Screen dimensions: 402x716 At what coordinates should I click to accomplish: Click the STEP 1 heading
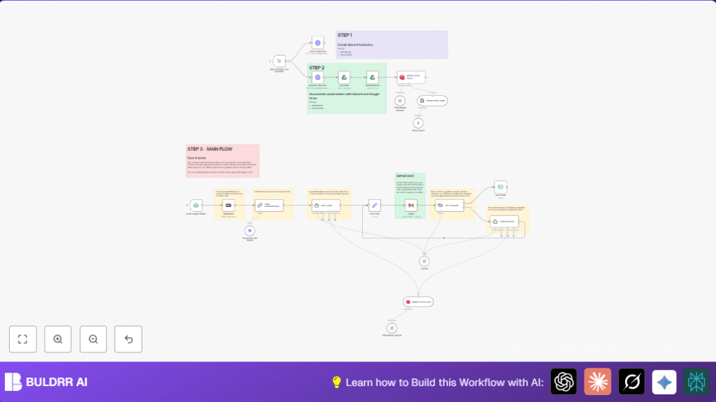point(345,35)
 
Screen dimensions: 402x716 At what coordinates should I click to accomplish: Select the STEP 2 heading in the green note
point(317,68)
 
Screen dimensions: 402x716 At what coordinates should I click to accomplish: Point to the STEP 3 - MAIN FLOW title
point(210,149)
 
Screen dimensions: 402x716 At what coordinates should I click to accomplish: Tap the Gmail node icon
point(411,206)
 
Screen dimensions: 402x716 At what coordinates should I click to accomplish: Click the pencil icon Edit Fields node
point(374,206)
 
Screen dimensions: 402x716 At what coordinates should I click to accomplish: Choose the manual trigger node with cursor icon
point(279,61)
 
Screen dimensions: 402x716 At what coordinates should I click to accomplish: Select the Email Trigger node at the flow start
point(196,206)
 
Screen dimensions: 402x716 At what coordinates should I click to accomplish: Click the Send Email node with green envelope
point(500,186)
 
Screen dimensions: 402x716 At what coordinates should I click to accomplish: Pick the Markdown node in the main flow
point(227,206)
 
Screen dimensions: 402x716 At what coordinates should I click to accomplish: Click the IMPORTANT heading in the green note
point(406,175)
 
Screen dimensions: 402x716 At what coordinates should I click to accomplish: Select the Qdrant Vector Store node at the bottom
point(418,302)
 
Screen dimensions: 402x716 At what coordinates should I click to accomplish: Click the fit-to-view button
point(22,339)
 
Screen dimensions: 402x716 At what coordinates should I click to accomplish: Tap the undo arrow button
point(128,339)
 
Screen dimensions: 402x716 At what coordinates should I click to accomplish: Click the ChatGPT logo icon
point(564,382)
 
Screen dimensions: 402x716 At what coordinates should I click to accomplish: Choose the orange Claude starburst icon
point(598,382)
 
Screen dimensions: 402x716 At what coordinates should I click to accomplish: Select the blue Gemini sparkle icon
point(664,382)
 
